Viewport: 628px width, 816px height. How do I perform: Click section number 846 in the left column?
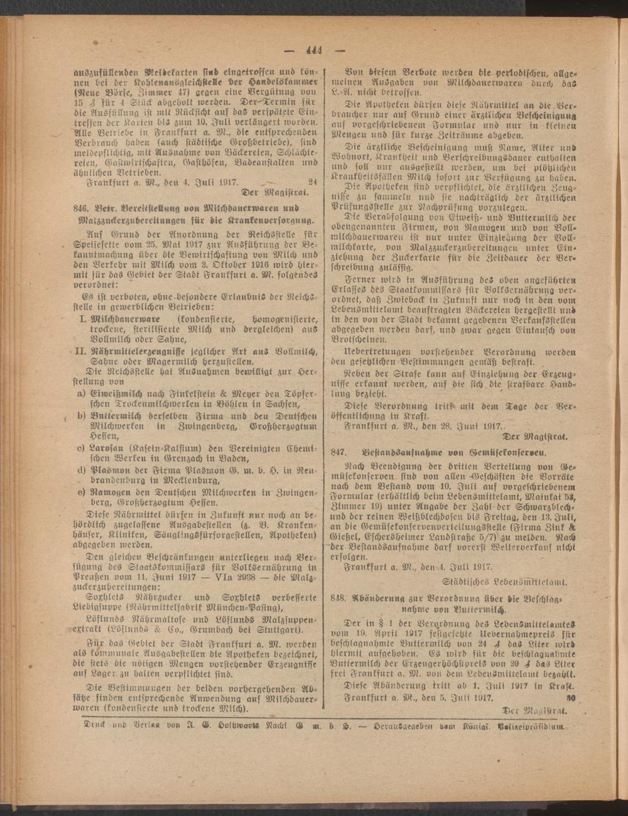(x=82, y=207)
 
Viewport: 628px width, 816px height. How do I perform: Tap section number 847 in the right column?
(x=339, y=452)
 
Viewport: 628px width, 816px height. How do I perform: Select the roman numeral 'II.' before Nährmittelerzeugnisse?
(x=82, y=349)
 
